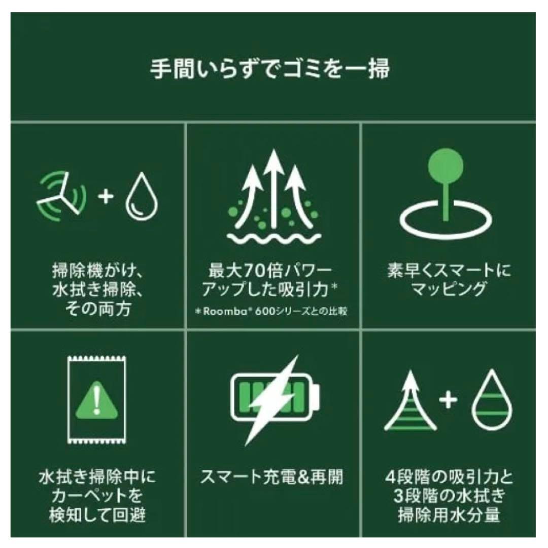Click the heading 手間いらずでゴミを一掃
(x=269, y=69)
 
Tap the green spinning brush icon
(x=61, y=195)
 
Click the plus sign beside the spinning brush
(x=106, y=196)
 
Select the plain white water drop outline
(x=142, y=197)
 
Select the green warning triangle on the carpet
(x=96, y=401)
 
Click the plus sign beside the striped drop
(x=448, y=400)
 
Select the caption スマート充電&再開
(x=272, y=477)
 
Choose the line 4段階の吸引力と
(x=449, y=477)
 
